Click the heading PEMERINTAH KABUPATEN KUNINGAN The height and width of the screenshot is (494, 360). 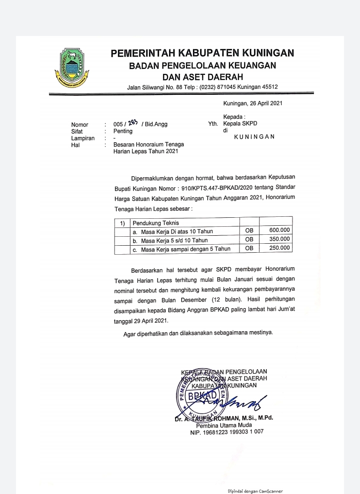click(202, 53)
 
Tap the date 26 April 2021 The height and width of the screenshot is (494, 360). click(265, 104)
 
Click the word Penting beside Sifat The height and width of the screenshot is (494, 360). click(123, 131)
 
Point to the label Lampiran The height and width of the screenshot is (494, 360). click(83, 138)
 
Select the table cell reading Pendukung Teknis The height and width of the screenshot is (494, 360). click(155, 223)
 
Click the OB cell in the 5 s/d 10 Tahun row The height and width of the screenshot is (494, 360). click(250, 239)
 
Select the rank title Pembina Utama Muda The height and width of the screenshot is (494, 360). click(227, 425)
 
